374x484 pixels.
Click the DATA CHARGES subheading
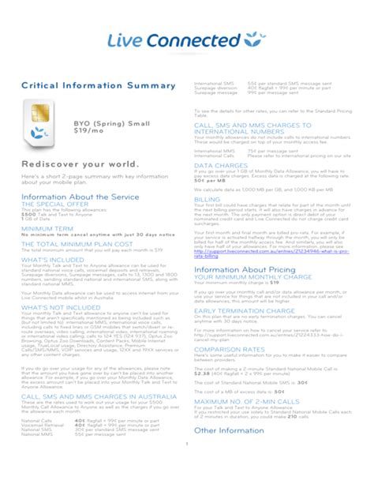221,165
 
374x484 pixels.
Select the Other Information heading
228,430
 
